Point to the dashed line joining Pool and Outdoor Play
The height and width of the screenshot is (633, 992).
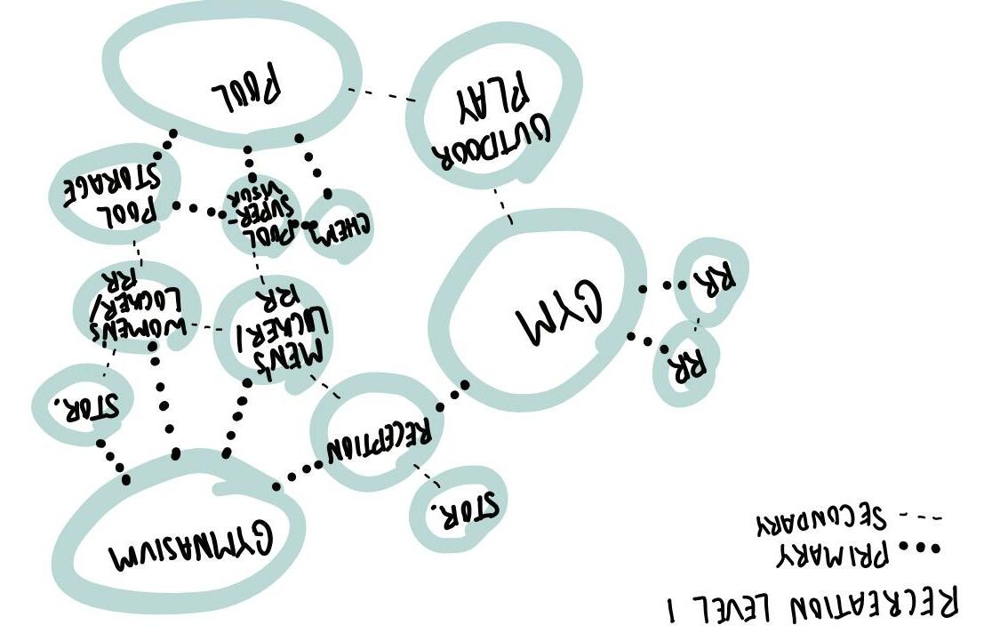coord(381,95)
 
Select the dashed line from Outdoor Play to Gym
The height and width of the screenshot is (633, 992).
coord(503,204)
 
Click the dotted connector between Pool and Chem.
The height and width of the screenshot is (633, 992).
coord(313,164)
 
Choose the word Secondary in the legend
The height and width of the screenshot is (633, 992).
coord(821,518)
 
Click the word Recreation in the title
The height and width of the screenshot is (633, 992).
coord(872,605)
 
